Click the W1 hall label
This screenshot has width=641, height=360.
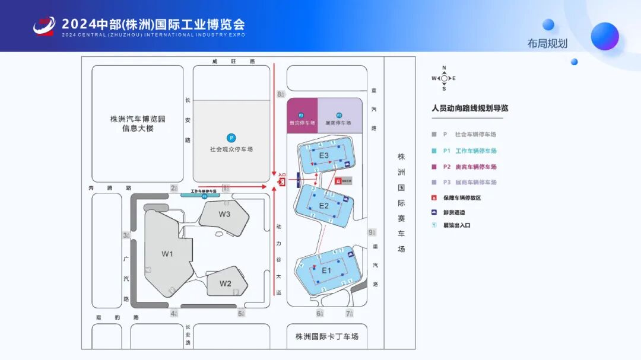[167, 254]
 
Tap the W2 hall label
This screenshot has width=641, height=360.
[226, 283]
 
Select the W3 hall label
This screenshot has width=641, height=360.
[224, 214]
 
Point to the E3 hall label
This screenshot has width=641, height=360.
[323, 155]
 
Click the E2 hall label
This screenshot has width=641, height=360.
[324, 206]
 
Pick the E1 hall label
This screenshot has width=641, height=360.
[326, 270]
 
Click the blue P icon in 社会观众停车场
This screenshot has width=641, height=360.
[231, 138]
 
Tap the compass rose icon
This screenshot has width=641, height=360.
[444, 78]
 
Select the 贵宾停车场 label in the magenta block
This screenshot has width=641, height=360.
[302, 123]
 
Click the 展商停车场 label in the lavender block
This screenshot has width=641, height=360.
[338, 123]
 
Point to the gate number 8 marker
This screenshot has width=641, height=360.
[280, 94]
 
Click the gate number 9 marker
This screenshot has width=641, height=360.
[372, 232]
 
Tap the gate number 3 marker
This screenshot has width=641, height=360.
[126, 235]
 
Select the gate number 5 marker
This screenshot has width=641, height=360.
[242, 314]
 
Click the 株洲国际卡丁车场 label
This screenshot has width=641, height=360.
[327, 337]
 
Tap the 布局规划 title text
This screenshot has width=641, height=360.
[547, 43]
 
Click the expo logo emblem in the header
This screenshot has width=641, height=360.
[44, 26]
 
